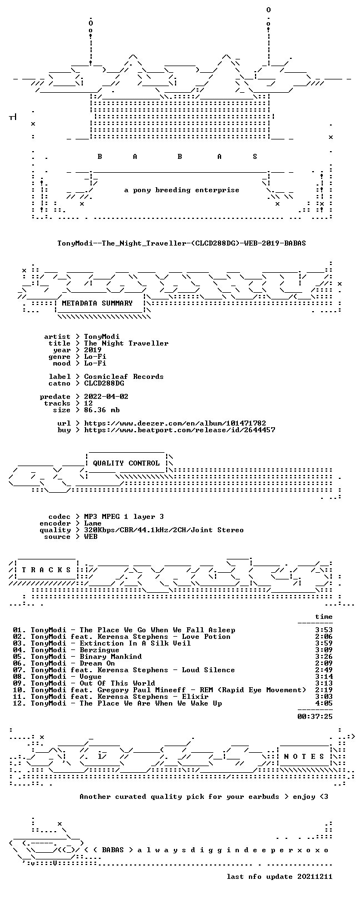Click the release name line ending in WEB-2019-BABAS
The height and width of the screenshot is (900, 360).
(182, 243)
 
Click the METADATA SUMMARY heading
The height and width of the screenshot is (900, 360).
(97, 303)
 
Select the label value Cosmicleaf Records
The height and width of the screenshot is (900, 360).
(124, 377)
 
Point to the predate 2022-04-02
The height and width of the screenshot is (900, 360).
(106, 397)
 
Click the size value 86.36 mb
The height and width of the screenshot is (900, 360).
(102, 410)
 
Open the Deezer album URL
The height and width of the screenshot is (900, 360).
(175, 423)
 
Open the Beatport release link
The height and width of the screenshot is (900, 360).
(179, 430)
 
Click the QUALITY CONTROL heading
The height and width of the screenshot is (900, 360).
(126, 463)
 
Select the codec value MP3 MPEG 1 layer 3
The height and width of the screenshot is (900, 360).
(124, 517)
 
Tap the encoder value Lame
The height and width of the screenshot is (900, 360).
(93, 523)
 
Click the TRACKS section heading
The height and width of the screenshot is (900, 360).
(46, 570)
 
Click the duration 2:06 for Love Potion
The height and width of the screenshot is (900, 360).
(324, 637)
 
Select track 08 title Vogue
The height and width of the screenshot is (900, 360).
(91, 677)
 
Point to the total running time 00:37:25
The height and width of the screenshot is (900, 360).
(315, 716)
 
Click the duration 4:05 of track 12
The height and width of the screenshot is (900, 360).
(324, 703)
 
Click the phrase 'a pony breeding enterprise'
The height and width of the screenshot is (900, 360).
(182, 190)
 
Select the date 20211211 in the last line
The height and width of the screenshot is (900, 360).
(315, 877)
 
